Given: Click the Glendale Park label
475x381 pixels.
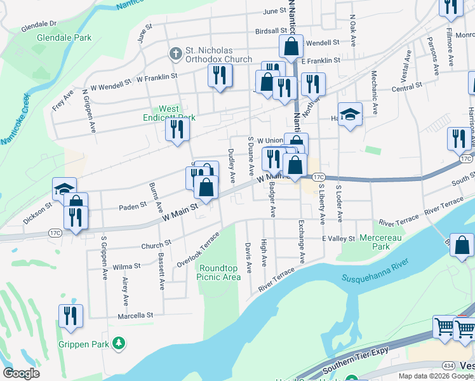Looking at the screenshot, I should coord(64,37).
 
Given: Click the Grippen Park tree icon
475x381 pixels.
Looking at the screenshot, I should coord(117,344).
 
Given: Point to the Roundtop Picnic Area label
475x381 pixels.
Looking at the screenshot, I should coord(218,272).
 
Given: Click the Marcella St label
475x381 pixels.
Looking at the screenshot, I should coord(135,315).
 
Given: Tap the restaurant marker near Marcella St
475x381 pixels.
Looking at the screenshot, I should coord(70,316).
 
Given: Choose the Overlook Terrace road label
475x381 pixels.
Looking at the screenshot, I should coord(198,249).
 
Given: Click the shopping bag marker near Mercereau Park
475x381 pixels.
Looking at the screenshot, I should coord(462,245).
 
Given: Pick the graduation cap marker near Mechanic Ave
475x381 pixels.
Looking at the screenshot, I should coord(350,115).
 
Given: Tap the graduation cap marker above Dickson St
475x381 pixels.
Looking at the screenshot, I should coord(65,189).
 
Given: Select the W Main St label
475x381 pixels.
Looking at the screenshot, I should coord(181,209).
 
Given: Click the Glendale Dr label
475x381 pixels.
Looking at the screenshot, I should coord(39,26).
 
